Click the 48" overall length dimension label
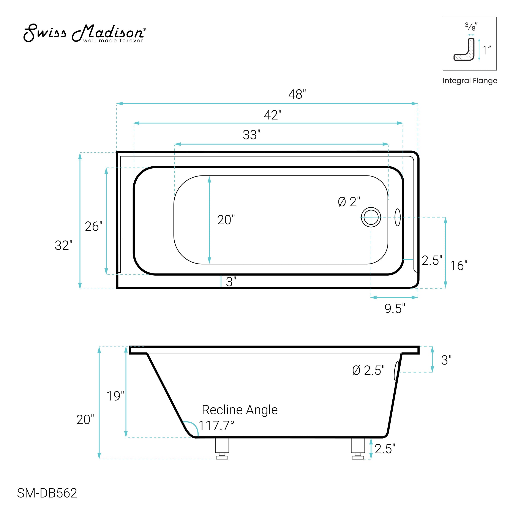click(x=297, y=94)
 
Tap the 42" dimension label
click(x=273, y=115)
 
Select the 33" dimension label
click(x=251, y=135)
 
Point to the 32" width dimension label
click(x=63, y=245)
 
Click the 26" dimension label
click(x=94, y=227)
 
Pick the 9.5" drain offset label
click(x=395, y=309)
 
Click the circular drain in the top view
click(x=371, y=217)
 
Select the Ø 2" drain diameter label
click(x=349, y=202)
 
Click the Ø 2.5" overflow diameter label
click(x=368, y=371)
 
